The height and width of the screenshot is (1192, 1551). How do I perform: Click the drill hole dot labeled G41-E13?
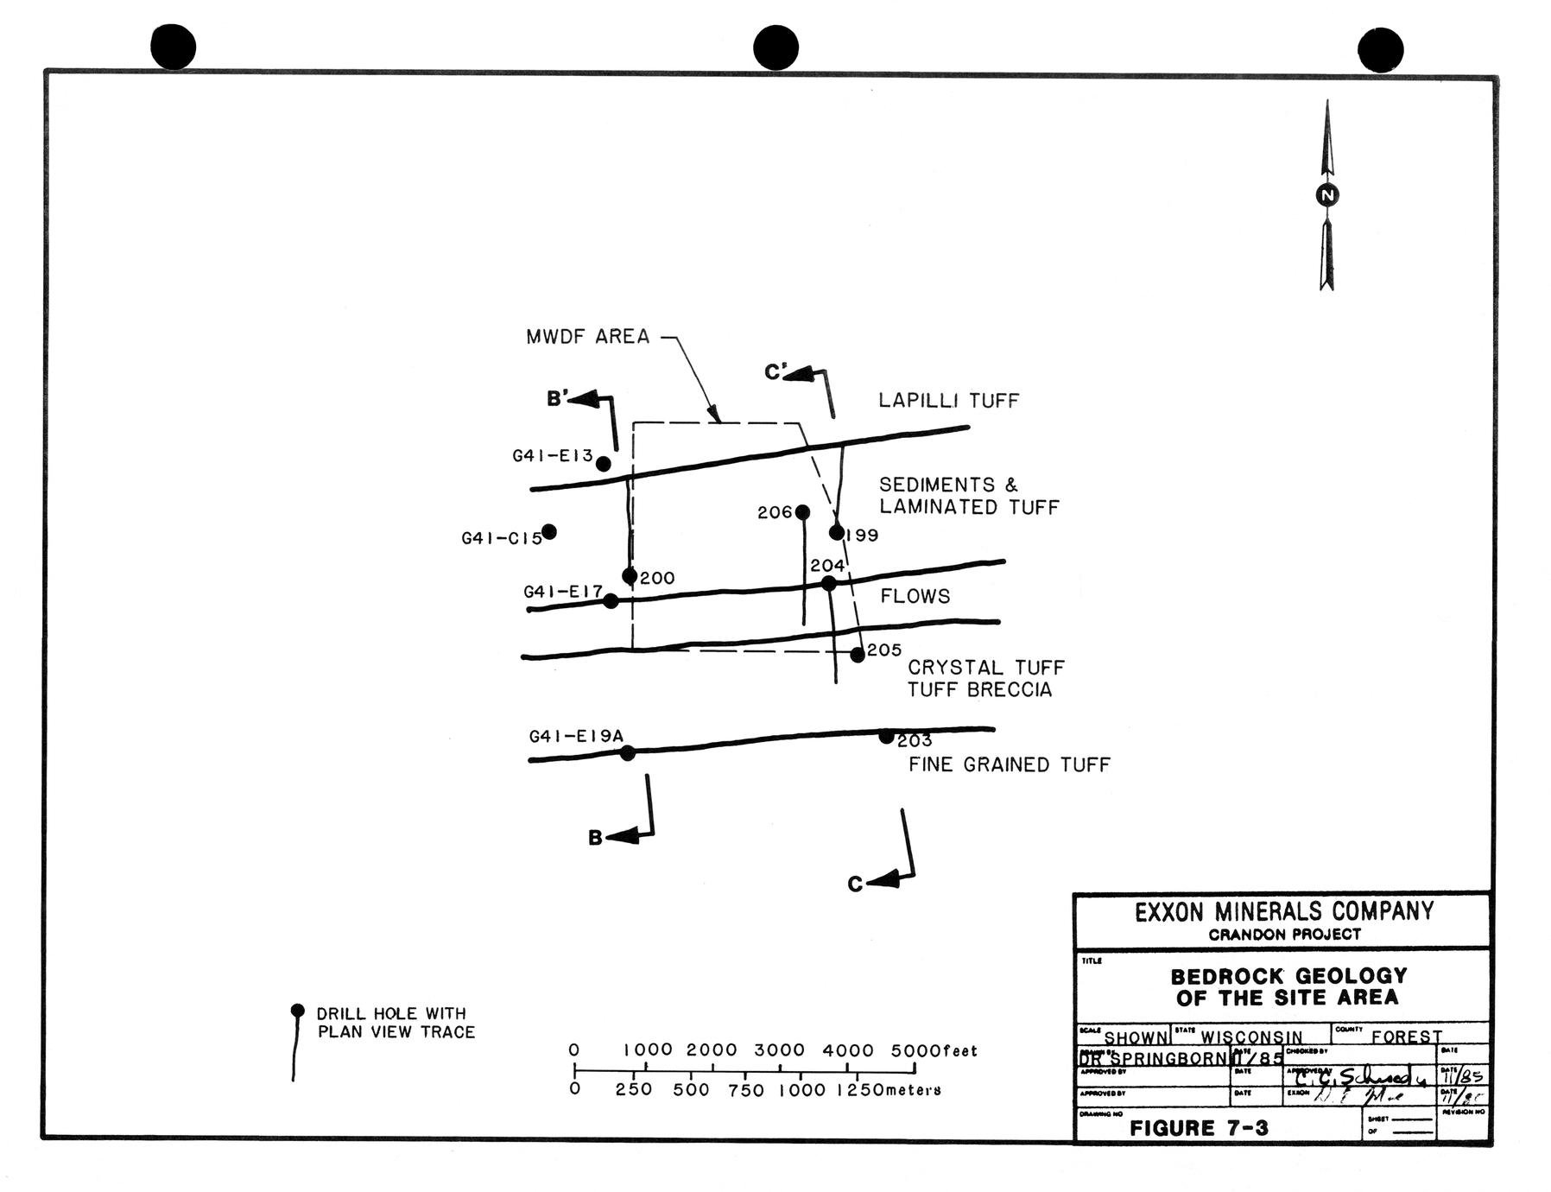(604, 464)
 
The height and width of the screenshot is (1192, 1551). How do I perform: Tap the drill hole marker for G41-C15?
(548, 531)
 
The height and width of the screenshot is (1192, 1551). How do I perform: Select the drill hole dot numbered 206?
(802, 512)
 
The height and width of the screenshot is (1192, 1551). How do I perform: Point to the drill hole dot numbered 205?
(858, 655)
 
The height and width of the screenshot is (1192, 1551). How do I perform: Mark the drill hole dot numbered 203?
(886, 737)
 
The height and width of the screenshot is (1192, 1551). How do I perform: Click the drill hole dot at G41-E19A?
(628, 753)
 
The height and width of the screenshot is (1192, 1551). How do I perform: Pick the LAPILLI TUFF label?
(948, 401)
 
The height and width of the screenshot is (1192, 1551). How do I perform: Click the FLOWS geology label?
(915, 596)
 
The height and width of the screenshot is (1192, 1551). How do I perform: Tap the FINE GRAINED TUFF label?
(1009, 764)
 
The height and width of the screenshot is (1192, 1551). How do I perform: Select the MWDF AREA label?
(587, 337)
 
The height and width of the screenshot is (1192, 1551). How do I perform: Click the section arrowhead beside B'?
(585, 399)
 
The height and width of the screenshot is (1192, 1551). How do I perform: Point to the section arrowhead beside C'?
(799, 374)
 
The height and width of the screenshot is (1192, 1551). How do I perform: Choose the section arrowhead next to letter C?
(882, 882)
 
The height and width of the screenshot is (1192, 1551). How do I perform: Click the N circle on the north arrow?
(1327, 195)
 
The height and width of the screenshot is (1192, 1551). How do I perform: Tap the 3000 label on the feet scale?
(779, 1050)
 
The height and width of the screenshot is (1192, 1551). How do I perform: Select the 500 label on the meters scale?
(691, 1090)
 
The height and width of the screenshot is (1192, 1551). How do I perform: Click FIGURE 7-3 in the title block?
(1199, 1127)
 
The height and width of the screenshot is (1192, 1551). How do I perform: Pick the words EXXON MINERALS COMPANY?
(1283, 911)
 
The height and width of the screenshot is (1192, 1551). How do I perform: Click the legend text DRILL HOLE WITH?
(391, 1013)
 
